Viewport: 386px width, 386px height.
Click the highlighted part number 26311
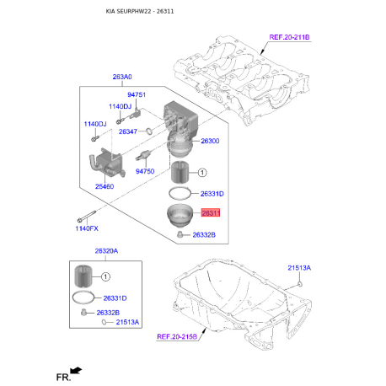point(211,213)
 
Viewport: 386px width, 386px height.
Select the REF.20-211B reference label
point(289,37)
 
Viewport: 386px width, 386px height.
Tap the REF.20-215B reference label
point(177,336)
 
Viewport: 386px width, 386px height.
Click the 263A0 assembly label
point(122,77)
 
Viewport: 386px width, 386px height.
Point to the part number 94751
point(137,94)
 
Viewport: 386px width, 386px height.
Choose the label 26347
point(128,131)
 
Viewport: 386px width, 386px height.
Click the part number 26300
point(210,141)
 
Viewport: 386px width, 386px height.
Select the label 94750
point(145,171)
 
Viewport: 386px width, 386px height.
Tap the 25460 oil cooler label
point(105,186)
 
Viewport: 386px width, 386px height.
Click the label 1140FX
point(87,228)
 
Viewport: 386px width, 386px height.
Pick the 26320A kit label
point(106,251)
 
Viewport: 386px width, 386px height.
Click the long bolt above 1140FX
point(87,216)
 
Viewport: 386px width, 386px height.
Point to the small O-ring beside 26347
point(149,131)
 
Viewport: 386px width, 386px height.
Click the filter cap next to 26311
point(180,216)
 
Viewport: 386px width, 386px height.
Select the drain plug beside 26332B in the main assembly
point(180,234)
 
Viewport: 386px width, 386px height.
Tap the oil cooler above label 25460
point(106,164)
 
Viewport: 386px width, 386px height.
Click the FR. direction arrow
point(76,371)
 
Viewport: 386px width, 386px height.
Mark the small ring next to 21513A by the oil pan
point(300,284)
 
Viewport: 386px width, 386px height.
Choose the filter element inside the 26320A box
point(83,276)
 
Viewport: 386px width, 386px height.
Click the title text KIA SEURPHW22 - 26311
point(140,12)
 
